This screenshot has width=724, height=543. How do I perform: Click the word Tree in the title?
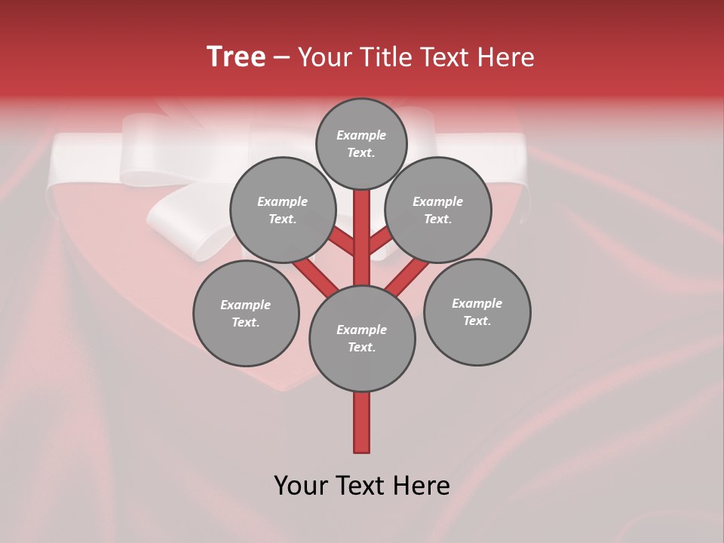236,57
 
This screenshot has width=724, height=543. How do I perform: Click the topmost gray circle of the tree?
361,143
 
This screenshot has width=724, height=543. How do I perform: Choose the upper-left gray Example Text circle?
282,210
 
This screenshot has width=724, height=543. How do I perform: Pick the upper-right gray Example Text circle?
438,210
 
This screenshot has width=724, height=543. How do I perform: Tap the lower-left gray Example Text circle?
246,313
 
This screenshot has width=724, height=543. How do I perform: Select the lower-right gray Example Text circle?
477,311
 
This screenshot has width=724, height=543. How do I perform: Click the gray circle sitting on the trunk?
362,338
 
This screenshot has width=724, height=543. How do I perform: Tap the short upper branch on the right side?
380,240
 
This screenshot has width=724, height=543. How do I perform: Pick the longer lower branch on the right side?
407,276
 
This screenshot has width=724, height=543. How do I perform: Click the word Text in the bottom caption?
365,485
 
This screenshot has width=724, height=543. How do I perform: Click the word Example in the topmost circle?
361,135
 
